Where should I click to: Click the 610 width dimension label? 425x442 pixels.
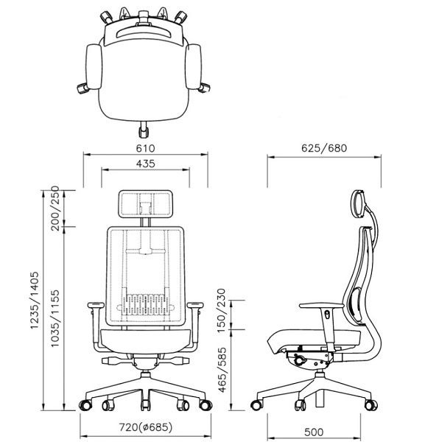click(145, 148)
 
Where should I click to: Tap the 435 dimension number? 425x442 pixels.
click(145, 164)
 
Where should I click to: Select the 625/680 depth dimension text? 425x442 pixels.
click(324, 148)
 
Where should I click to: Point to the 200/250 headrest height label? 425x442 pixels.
click(55, 208)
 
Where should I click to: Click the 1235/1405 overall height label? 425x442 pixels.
click(35, 301)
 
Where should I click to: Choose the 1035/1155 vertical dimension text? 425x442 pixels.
click(55, 318)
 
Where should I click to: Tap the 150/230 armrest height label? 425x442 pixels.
click(222, 311)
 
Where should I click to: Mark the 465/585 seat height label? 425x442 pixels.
click(222, 370)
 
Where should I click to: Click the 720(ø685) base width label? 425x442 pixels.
click(145, 427)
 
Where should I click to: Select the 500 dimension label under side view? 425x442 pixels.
click(314, 432)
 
